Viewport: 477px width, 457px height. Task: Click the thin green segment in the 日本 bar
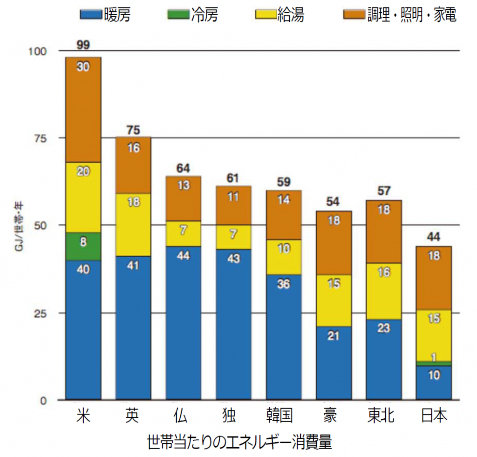pos(434,363)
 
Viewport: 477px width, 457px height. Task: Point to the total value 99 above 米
pos(83,45)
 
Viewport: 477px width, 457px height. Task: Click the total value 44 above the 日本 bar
pos(434,237)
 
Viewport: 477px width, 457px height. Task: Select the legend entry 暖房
pos(105,15)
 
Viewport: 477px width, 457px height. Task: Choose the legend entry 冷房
pos(192,15)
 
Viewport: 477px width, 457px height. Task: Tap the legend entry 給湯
pos(280,15)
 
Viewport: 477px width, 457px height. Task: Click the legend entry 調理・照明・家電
pos(400,15)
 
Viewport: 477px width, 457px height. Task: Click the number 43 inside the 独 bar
pos(233,259)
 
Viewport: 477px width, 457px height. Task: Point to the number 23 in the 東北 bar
pos(383,328)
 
